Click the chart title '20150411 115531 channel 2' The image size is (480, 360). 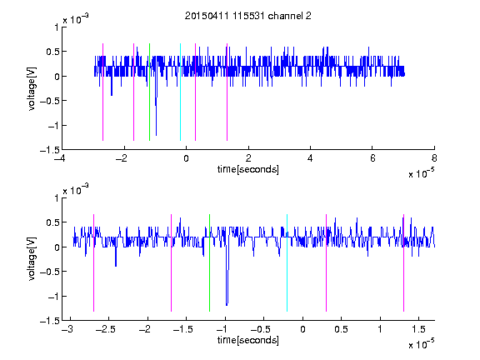[x=248, y=16]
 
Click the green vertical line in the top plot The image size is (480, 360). [x=149, y=92]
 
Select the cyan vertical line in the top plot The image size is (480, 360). [x=180, y=92]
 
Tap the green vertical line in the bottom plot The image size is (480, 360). [x=209, y=263]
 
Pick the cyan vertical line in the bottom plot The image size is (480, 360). [x=287, y=263]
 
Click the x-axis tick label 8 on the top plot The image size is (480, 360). [x=434, y=158]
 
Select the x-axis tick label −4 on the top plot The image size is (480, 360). [x=60, y=158]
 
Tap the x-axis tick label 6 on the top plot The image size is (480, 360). [x=372, y=158]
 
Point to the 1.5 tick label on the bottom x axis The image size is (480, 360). [x=418, y=329]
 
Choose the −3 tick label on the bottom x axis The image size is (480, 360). [x=67, y=329]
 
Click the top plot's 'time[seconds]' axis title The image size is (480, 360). [x=248, y=169]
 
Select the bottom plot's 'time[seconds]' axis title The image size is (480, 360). [x=248, y=340]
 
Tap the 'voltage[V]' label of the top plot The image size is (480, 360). [x=32, y=89]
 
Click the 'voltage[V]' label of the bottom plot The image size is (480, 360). [x=32, y=259]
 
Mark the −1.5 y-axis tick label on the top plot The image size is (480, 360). [x=50, y=150]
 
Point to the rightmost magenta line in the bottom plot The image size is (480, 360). [x=403, y=263]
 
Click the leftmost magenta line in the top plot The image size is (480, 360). [x=102, y=92]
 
